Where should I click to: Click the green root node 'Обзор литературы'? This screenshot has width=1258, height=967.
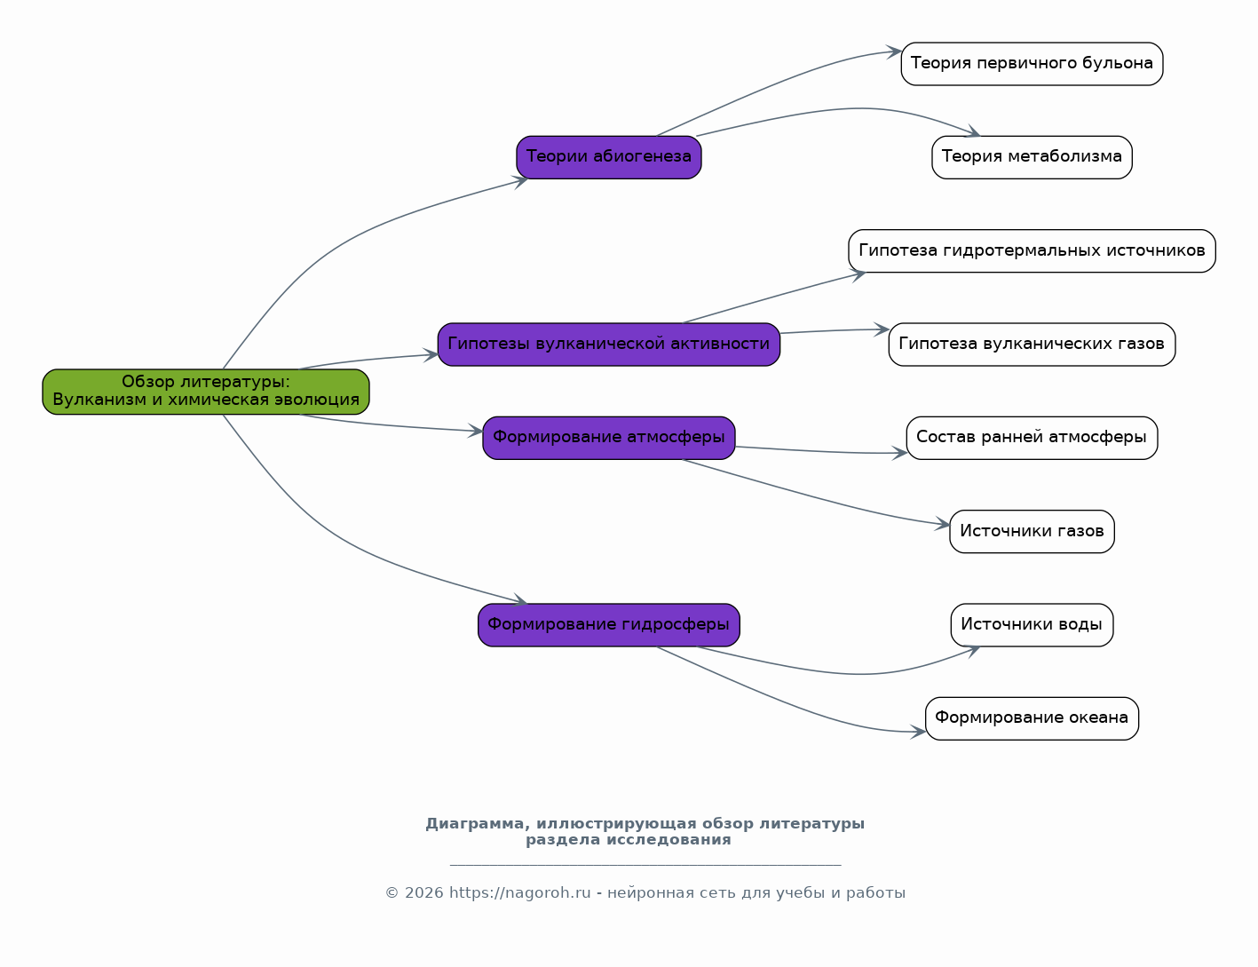(x=205, y=392)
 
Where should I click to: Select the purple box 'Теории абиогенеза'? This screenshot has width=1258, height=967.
(x=608, y=157)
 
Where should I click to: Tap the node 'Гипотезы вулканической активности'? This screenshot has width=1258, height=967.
(x=608, y=344)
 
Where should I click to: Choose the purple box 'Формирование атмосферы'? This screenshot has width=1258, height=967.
(x=608, y=438)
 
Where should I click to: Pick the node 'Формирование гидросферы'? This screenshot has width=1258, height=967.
(x=608, y=625)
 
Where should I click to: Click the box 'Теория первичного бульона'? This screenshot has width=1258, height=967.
(x=1032, y=64)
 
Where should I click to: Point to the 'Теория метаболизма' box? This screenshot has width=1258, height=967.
(x=1032, y=157)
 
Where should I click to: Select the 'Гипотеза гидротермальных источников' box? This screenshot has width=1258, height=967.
(x=1032, y=250)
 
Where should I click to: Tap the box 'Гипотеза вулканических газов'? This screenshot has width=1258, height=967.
(x=1032, y=344)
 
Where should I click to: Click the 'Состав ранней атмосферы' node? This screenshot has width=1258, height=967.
(x=1032, y=438)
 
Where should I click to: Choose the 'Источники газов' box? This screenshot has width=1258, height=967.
(x=1032, y=532)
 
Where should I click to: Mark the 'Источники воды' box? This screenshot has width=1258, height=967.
(x=1032, y=625)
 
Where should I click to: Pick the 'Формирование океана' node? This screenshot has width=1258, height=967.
(x=1032, y=718)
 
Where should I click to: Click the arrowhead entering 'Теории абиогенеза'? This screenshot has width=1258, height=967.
(x=521, y=182)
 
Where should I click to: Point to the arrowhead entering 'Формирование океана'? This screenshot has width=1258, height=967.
(x=918, y=732)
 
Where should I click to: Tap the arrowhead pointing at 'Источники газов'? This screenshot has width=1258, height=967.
(x=943, y=525)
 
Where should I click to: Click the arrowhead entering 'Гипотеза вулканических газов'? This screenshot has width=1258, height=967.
(x=882, y=329)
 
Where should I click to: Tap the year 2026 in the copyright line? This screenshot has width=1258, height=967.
(x=423, y=893)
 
